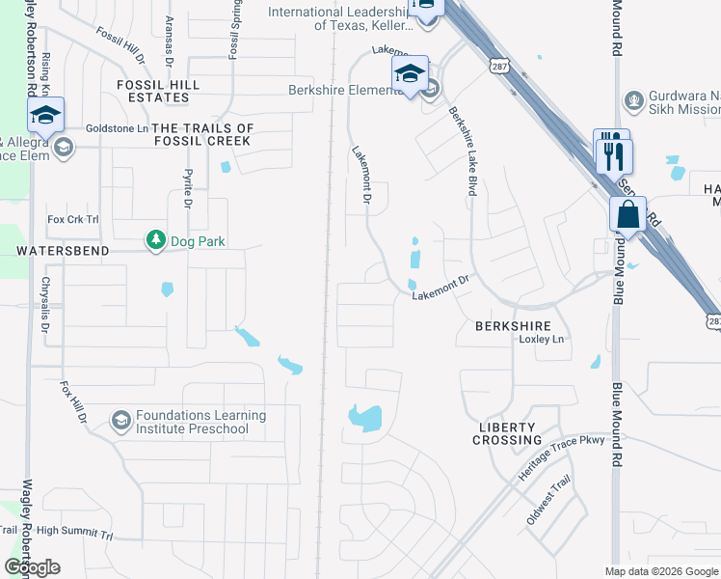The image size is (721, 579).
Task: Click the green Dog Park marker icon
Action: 154,239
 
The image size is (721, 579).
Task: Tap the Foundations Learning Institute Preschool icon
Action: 120,420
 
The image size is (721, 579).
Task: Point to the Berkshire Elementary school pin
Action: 410,74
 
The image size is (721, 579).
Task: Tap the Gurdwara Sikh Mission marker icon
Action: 633,99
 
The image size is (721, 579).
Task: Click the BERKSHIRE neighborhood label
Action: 513,326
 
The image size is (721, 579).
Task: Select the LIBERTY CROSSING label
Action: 507,433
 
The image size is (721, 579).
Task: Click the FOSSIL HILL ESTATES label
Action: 159,91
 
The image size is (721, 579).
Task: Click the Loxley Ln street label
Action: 541,340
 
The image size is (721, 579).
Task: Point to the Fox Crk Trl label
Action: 73,219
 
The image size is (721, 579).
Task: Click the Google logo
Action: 32,567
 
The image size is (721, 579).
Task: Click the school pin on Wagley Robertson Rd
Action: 44,115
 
